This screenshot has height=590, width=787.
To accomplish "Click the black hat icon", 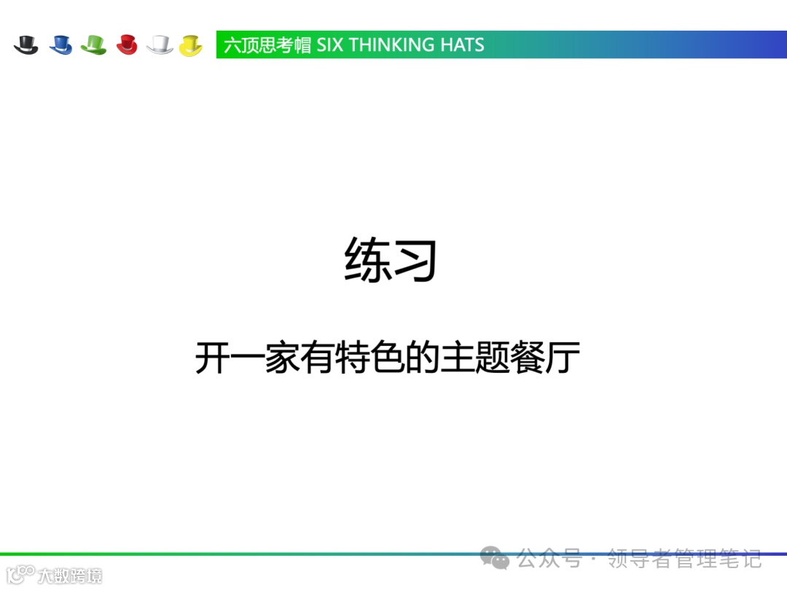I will pyautogui.click(x=26, y=44).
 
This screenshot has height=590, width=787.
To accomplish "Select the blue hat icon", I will pyautogui.click(x=60, y=44).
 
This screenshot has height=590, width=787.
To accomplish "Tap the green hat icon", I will pyautogui.click(x=94, y=44).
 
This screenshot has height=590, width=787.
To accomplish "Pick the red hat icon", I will pyautogui.click(x=128, y=44).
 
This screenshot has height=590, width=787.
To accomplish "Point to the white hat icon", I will pyautogui.click(x=160, y=44).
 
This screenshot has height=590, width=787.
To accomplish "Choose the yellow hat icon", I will pyautogui.click(x=191, y=44).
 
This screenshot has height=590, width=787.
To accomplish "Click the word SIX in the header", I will pyautogui.click(x=330, y=45).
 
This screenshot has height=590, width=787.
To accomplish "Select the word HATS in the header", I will pyautogui.click(x=462, y=45).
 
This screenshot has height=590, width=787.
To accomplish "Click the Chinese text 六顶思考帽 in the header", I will pyautogui.click(x=267, y=45).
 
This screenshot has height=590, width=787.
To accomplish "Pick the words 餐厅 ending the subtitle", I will pyautogui.click(x=546, y=358).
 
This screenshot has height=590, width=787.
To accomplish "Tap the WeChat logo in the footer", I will pyautogui.click(x=495, y=559).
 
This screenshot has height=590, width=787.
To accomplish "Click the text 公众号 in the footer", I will pyautogui.click(x=549, y=559).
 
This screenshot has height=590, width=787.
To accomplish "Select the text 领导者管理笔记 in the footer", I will pyautogui.click(x=685, y=559).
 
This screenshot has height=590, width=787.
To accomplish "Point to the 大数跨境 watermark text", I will pyautogui.click(x=70, y=575).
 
